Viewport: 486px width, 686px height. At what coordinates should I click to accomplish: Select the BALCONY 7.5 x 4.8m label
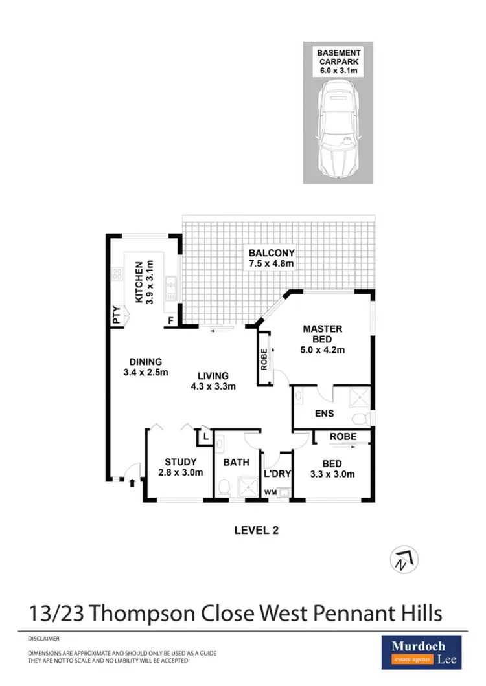[272, 258]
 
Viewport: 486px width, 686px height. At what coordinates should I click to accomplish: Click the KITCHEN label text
[143, 282]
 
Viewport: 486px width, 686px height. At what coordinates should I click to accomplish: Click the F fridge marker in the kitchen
[170, 320]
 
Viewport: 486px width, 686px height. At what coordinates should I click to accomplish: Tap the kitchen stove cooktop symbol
[118, 274]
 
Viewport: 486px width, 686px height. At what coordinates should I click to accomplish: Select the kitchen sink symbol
[170, 285]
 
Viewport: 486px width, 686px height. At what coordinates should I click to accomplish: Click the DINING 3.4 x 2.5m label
[145, 367]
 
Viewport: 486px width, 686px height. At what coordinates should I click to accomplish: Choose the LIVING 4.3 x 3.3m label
[213, 381]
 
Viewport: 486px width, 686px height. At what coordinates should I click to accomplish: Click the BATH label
[235, 463]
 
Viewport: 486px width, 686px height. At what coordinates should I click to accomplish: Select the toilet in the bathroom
[224, 487]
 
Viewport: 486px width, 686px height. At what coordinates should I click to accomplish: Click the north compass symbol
[404, 559]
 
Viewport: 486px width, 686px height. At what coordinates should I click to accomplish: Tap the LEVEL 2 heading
[256, 530]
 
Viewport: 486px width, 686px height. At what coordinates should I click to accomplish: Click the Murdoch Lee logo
[421, 651]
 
